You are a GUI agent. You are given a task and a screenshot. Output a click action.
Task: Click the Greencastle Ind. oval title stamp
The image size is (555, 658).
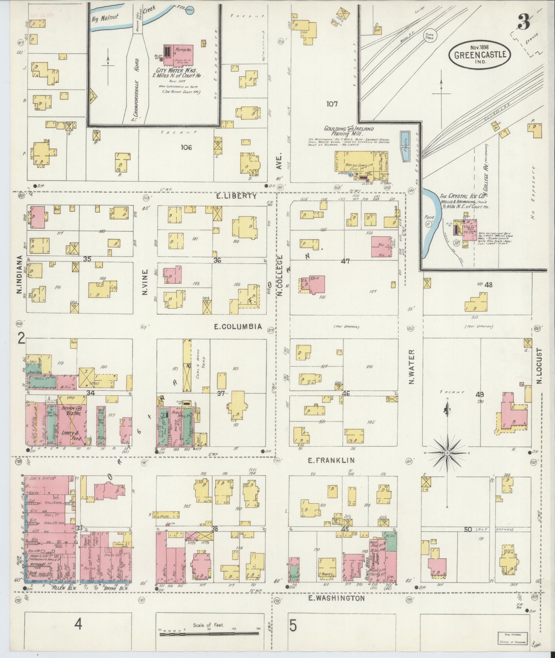point(479,54)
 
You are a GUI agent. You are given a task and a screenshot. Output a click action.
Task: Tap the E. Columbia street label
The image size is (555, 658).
point(237,326)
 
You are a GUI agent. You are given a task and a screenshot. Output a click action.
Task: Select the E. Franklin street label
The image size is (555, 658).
point(331,460)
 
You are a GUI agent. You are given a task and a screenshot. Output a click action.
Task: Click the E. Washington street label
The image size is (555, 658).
point(336,598)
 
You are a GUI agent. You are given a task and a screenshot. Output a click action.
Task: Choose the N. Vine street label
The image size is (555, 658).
point(145,282)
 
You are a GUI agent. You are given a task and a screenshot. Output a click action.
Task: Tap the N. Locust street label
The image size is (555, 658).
point(538,366)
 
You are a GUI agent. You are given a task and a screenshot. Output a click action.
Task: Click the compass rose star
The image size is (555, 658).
point(447,453)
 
